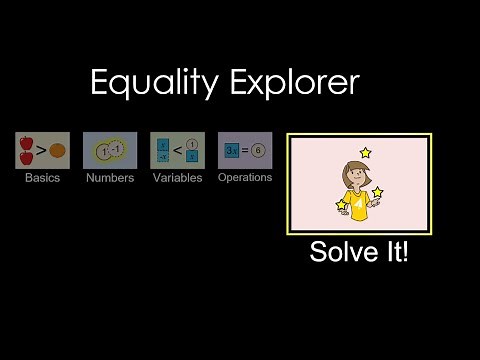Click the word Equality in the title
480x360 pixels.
tap(151, 83)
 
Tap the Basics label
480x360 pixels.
tap(42, 178)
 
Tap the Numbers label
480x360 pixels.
tap(110, 178)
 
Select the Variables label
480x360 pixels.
tap(177, 178)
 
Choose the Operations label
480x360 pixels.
tap(245, 177)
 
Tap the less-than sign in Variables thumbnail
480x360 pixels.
tap(176, 151)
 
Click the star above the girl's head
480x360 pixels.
tap(365, 152)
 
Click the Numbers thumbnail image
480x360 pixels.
tap(110, 150)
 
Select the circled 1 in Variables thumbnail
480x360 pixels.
tap(191, 143)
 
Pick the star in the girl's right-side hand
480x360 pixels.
tap(377, 192)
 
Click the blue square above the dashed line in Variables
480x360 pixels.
tap(162, 142)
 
